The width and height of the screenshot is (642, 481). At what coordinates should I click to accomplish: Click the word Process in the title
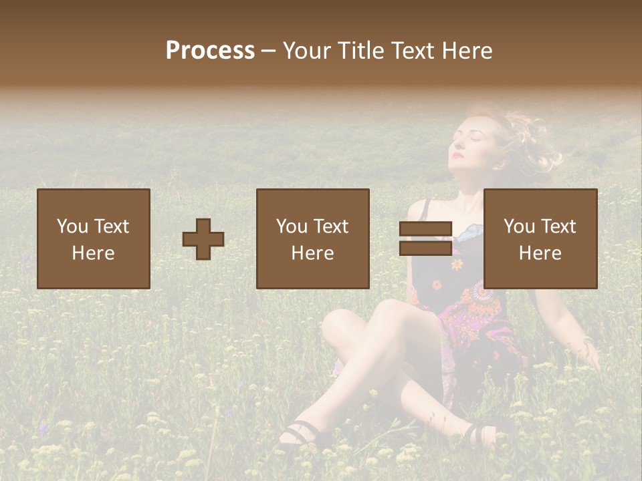[x=210, y=51]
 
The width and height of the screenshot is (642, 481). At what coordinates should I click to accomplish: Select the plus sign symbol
[x=203, y=238]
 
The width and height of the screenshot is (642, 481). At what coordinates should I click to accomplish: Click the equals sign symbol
[x=425, y=238]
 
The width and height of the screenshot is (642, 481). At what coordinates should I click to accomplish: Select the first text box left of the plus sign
[x=94, y=238]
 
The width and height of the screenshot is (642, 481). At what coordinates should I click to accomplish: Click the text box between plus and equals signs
[x=313, y=238]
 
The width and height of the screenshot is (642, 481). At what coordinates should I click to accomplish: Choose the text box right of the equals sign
[x=540, y=238]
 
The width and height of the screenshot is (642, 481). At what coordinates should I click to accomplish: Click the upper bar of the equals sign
[x=425, y=228]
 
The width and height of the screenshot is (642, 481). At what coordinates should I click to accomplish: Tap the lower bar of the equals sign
[x=425, y=249]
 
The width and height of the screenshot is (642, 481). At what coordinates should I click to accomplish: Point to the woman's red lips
[x=457, y=156]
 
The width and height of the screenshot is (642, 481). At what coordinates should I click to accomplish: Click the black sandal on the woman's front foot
[x=298, y=434]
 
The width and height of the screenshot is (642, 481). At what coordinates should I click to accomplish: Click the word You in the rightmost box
[x=519, y=226]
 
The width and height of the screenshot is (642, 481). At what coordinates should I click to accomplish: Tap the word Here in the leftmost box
[x=94, y=253]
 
